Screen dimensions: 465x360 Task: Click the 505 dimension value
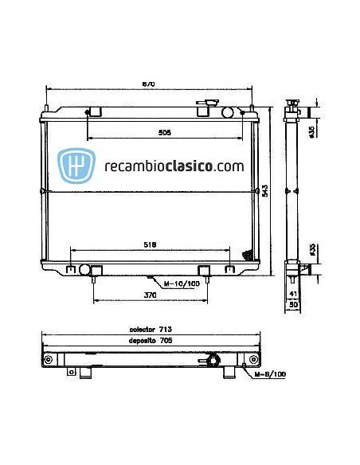(x=164, y=133)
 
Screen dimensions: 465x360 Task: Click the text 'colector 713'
(x=151, y=329)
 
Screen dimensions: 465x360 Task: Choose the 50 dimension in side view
(x=293, y=304)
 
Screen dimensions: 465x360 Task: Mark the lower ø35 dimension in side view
(x=312, y=248)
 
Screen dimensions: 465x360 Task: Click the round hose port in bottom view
(x=213, y=361)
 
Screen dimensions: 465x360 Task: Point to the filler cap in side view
(x=293, y=103)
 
